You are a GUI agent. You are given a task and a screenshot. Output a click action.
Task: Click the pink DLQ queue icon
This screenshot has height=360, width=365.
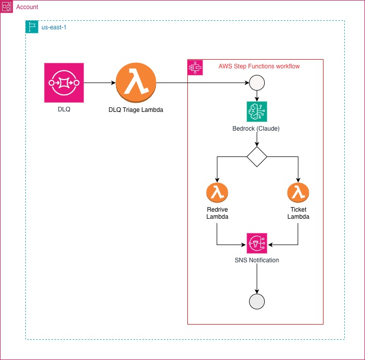64,82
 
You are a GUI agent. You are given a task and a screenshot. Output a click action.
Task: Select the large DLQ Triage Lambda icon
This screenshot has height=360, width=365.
136,83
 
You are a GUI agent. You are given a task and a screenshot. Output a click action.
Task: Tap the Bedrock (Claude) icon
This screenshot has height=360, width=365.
257,111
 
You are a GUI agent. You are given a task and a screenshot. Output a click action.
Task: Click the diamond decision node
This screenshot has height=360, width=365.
257,157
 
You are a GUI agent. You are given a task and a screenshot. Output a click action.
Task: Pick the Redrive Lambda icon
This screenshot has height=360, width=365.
217,192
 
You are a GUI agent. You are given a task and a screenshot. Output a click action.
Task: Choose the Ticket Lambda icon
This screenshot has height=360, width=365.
298,192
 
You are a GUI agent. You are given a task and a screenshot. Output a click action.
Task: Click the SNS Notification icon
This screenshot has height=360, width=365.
257,244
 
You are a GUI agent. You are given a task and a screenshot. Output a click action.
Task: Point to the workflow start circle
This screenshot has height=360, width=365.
257,83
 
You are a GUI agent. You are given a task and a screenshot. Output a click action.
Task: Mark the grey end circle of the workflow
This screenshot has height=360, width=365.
257,301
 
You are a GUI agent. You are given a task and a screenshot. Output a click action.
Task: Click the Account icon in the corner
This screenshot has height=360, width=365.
7,7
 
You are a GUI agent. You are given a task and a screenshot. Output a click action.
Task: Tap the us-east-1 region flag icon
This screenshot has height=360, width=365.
32,27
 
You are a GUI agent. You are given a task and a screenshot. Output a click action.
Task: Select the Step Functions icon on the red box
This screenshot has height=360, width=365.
195,67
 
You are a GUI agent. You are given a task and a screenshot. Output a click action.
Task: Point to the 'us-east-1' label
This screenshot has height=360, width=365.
54,27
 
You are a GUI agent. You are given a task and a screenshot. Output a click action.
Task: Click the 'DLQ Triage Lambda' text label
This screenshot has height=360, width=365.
136,109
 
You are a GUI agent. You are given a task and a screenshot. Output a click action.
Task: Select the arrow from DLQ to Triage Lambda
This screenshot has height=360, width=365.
99,83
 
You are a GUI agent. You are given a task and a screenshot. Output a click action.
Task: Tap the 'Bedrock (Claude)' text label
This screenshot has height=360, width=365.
257,128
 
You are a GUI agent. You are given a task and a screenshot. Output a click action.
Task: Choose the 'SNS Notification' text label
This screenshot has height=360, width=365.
257,260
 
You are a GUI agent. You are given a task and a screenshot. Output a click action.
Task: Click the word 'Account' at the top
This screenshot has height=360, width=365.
27,8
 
